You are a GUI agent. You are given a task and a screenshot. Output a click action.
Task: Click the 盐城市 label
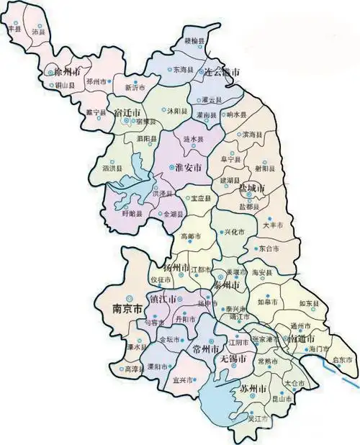tap(251, 188)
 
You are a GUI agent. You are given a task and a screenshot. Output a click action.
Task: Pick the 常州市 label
tap(197, 349)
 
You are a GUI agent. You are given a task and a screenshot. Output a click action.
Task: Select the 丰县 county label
tap(14, 27)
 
